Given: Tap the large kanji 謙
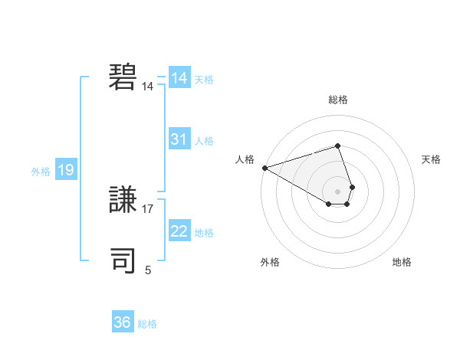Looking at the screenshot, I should coord(123,201).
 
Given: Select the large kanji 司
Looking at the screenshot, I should coord(123,261).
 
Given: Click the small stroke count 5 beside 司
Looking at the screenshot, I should coord(148,270).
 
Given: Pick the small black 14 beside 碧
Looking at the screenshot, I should coord(148,87).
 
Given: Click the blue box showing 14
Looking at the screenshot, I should coord(179,78).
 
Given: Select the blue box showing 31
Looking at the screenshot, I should coord(179,139).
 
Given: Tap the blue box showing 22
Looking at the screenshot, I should coord(179,231).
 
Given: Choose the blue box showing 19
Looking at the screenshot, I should coord(66,170).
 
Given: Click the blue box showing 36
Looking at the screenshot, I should coord(122,322).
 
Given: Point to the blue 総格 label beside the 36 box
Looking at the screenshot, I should coord(147,324).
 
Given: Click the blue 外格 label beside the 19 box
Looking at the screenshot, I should coord(41,172).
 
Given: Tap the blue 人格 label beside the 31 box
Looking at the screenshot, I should coord(204,141).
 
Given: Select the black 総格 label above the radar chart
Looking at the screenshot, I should coord(338,100).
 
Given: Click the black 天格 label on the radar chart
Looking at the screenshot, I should coord(432,159).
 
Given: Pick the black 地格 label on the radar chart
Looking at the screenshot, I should coord(402,262).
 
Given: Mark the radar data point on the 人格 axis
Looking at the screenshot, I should coord(264,167).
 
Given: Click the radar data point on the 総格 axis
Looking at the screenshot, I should coord(338,146).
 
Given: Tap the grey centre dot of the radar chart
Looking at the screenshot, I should coord(338,191).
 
